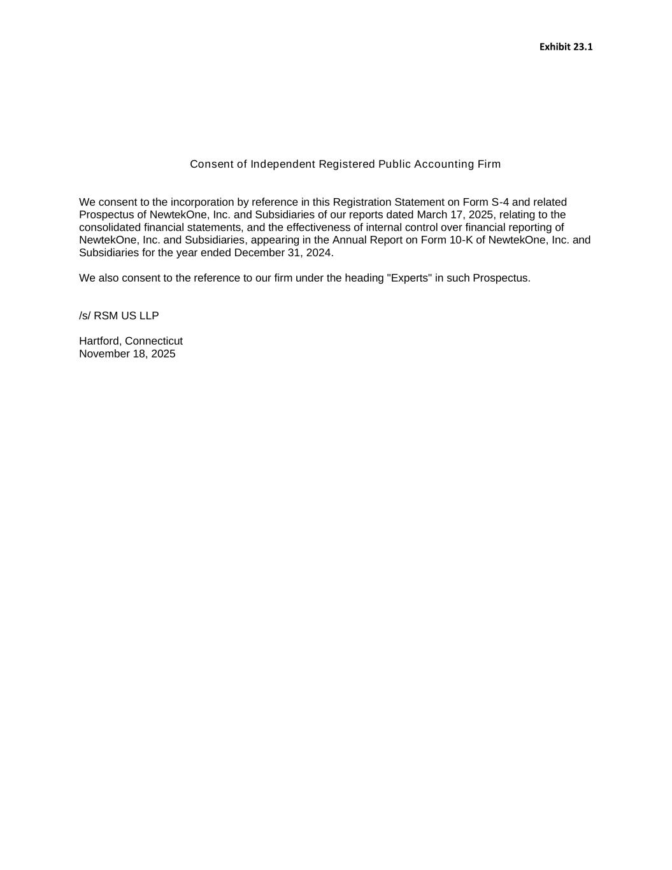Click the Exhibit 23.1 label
pos(566,47)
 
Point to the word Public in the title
pos(394,164)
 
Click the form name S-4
pos(500,202)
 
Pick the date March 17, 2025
pos(455,215)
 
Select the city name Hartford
pos(99,341)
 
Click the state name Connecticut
pos(154,341)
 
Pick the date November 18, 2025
pos(127,354)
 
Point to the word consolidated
pos(110,228)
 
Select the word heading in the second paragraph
pos(364,278)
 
